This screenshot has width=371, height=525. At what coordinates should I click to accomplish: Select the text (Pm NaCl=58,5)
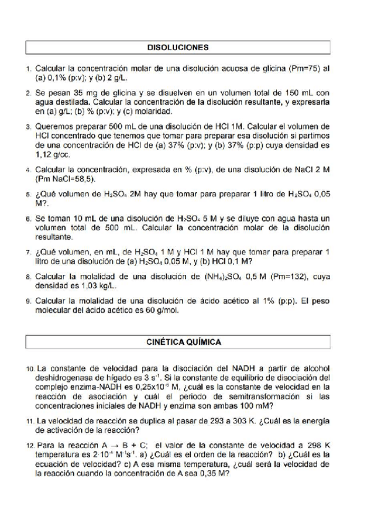point(66,178)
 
